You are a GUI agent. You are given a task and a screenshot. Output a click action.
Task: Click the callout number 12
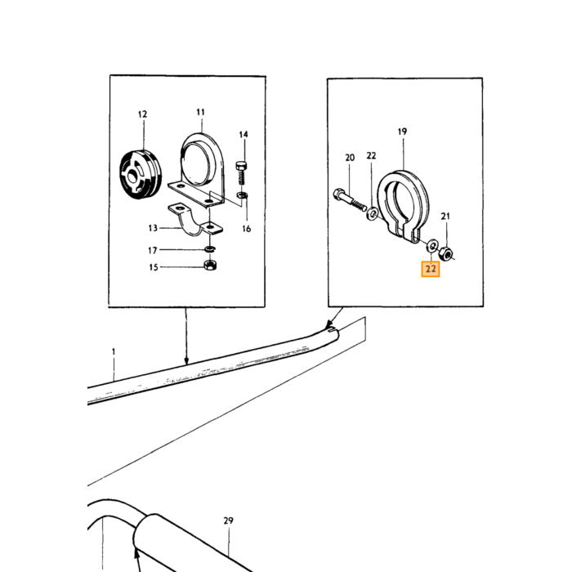pos(143,114)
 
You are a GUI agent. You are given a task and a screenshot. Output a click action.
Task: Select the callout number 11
pos(201,112)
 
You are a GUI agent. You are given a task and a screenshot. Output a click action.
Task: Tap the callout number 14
pos(244,134)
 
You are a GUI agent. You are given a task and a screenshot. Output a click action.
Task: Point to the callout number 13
pos(153,228)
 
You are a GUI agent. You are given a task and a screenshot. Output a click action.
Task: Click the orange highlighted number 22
pos(431,269)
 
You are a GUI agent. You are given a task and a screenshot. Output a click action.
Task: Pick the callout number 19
pos(402,132)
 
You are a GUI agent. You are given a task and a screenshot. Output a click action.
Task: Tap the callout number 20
pos(350,158)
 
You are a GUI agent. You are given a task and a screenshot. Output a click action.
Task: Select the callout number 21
pos(445,217)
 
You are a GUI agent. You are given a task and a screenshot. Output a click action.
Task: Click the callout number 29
pos(228,521)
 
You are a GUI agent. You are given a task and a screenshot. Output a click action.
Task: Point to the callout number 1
pos(114,351)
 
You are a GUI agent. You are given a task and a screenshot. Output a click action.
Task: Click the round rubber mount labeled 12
pos(141,174)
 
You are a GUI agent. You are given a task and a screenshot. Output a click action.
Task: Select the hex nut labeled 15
pos(209,266)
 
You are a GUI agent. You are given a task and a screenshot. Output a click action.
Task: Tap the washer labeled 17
pos(210,248)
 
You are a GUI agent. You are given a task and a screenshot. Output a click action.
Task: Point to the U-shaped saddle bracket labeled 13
pos(194,221)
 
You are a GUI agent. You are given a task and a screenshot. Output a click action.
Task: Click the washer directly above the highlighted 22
pos(431,245)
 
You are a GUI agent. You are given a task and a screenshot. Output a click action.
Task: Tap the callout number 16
pos(247,229)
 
